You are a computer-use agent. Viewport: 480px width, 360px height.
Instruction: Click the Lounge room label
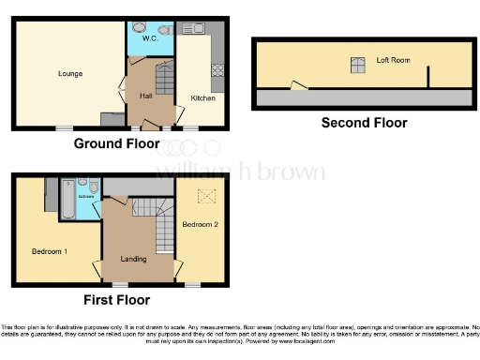point(69,73)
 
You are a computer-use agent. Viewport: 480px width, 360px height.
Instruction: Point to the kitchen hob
point(217,69)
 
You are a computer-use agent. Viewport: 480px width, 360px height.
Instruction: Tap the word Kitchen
point(202,97)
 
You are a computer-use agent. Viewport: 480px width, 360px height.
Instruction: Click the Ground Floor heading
point(116,143)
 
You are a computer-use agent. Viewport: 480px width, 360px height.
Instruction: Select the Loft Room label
point(394,59)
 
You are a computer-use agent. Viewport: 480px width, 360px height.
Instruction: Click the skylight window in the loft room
point(357,65)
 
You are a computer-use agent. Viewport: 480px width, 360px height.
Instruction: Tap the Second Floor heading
point(364,123)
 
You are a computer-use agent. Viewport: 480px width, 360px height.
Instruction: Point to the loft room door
point(299,86)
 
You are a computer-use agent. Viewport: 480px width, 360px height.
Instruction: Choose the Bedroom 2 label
point(200,225)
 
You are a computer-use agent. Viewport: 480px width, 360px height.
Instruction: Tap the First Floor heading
point(116,300)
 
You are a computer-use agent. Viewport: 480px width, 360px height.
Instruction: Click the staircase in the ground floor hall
point(158,79)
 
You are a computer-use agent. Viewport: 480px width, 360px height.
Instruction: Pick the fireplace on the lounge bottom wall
point(112,119)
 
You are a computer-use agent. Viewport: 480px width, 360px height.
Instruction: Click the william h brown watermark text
point(239,172)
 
